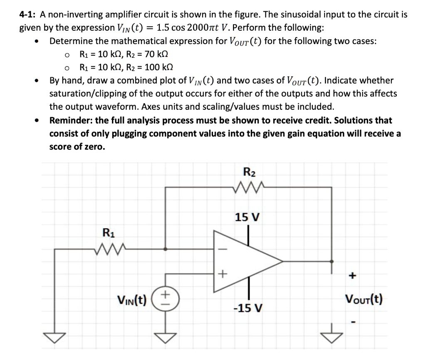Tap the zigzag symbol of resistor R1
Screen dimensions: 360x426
coord(109,249)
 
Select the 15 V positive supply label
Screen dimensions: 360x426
coord(248,217)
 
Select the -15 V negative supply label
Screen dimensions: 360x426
coord(248,308)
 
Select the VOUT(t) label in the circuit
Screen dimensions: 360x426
coord(364,298)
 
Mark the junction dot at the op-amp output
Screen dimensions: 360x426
coord(332,261)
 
